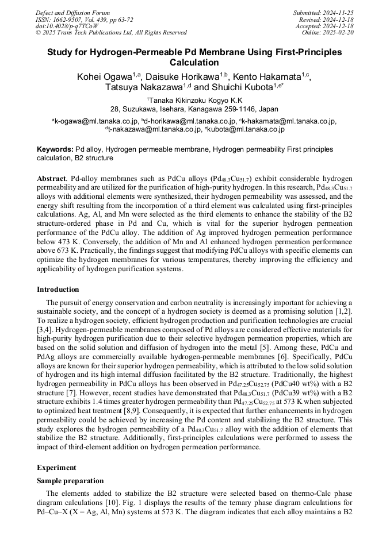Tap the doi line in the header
(x=66, y=26)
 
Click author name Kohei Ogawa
(x=104, y=77)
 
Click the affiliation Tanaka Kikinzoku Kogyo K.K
(x=196, y=100)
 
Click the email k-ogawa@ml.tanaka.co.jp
(x=96, y=121)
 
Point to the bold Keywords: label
(x=55, y=149)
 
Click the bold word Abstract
(x=52, y=179)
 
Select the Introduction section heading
(x=58, y=289)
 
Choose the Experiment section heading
(x=57, y=468)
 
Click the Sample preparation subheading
(x=70, y=481)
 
